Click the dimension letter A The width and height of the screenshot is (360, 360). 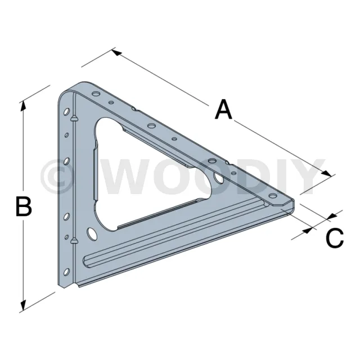(x=224, y=109)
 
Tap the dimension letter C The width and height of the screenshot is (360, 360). (x=335, y=238)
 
